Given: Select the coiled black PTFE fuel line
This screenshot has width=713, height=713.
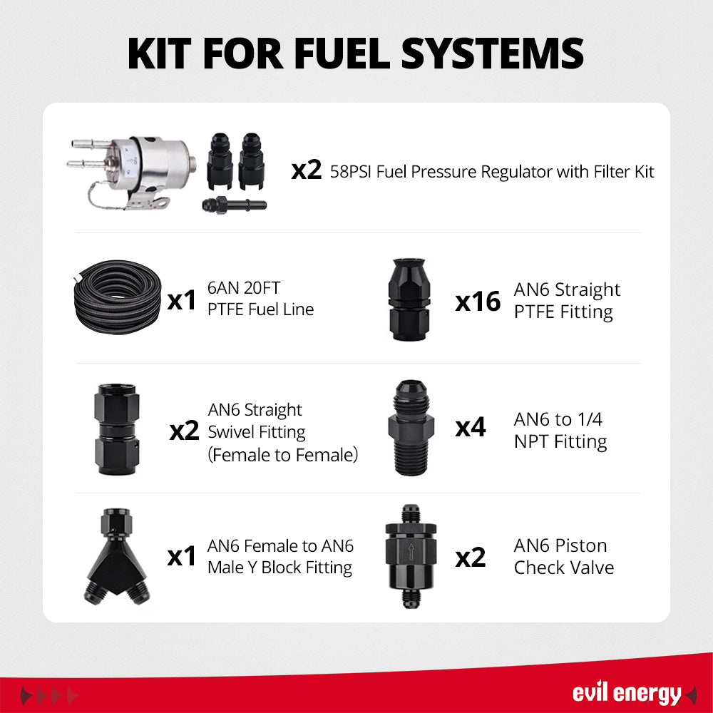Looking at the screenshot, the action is click(x=117, y=297).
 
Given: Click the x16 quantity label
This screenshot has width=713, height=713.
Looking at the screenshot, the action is click(x=478, y=302).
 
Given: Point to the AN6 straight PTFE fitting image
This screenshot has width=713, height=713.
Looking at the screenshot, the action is click(x=409, y=299).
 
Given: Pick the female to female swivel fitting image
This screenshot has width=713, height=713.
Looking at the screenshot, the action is click(x=117, y=429).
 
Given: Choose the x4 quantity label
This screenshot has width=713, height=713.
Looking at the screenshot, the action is click(x=470, y=427).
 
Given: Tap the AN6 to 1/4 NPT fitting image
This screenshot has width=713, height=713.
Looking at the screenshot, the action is click(x=411, y=427).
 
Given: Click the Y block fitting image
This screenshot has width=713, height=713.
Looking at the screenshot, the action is click(x=116, y=557).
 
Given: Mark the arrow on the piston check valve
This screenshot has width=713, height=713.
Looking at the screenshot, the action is click(x=411, y=552).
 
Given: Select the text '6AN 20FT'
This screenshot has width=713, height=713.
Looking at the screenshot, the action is click(x=244, y=288).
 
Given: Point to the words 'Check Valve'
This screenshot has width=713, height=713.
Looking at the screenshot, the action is click(x=564, y=568).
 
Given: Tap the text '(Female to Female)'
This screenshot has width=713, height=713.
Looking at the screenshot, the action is click(x=283, y=455).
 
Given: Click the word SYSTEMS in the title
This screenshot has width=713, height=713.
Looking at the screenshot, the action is click(x=493, y=54).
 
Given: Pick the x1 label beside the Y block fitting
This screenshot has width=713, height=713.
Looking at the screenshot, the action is click(x=181, y=556).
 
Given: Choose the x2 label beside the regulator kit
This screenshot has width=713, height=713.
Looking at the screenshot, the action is click(x=307, y=170).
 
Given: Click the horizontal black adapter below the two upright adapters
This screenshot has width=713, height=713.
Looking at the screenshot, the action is click(x=234, y=205).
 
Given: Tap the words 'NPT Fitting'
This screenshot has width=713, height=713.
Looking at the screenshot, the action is click(x=560, y=441).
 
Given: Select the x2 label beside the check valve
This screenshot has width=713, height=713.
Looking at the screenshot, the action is click(x=470, y=558).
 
